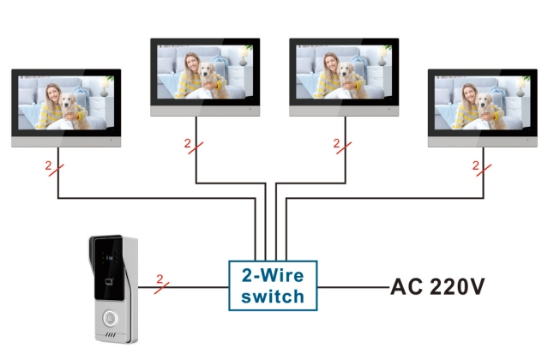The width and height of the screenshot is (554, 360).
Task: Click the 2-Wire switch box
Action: [x=273, y=286]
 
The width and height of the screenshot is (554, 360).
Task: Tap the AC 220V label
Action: [x=445, y=287]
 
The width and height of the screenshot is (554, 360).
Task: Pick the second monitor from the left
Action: [x=203, y=75]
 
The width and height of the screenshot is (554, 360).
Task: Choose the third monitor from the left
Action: [x=344, y=75]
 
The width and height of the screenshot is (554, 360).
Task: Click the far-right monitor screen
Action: [x=485, y=107]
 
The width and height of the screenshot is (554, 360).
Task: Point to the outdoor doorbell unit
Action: [x=110, y=289]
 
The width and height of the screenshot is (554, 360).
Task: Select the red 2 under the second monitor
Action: [x=189, y=142]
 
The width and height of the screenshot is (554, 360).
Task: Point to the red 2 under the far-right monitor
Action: [x=477, y=165]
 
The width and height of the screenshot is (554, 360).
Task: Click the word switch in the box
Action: [x=273, y=297]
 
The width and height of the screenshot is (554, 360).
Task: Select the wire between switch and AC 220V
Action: [x=352, y=286]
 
